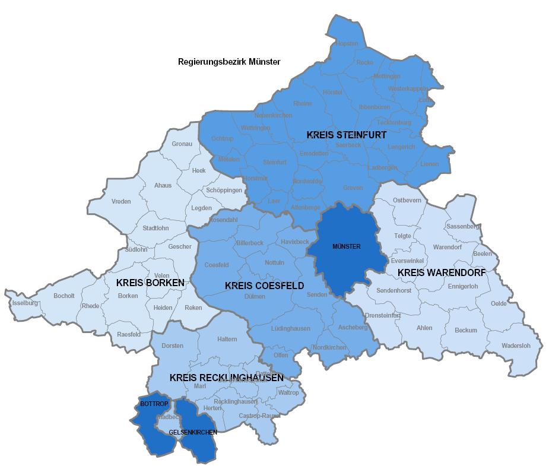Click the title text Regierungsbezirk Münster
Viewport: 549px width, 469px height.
(229, 62)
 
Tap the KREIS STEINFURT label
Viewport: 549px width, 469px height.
(347, 135)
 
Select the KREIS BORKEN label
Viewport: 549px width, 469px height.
(150, 283)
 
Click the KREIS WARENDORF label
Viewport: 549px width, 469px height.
(441, 272)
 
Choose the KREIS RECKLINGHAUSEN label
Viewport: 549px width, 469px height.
(226, 378)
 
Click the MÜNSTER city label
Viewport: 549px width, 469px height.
(346, 246)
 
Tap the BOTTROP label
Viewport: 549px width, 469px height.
(154, 404)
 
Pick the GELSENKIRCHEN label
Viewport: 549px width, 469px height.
(192, 432)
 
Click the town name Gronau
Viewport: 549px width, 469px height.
(182, 144)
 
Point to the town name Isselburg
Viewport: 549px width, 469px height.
(25, 303)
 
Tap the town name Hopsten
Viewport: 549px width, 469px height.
(347, 44)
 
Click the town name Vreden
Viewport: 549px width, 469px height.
(121, 202)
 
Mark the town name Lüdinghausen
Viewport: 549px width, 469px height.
(290, 328)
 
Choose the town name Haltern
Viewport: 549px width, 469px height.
(227, 339)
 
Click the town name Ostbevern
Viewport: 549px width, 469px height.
(407, 200)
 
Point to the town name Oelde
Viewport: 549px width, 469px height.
(499, 303)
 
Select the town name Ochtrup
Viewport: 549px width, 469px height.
(222, 138)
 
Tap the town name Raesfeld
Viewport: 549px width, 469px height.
(129, 334)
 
